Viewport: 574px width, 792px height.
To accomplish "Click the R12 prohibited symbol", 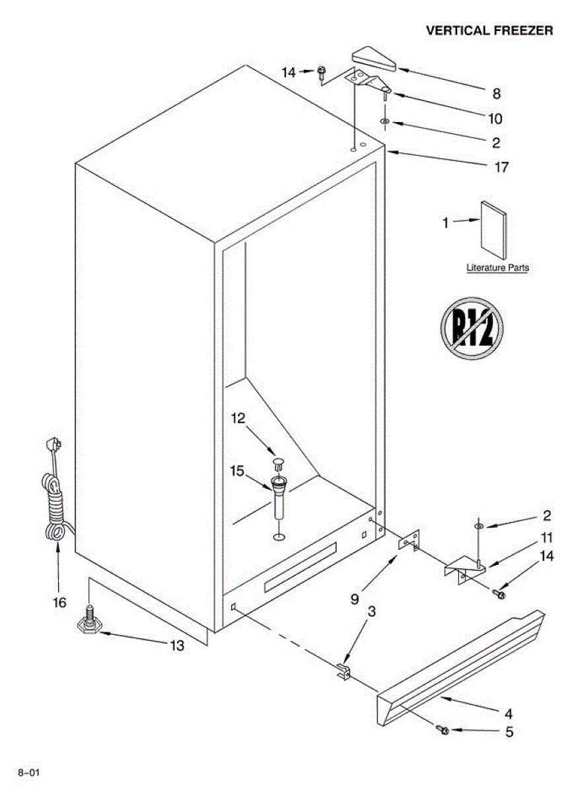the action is tap(472, 328).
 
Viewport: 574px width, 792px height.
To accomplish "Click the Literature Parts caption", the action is tap(497, 268).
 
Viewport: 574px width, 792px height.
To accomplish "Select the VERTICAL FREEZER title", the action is tap(489, 30).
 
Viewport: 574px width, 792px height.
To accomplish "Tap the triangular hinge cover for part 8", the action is tap(373, 59).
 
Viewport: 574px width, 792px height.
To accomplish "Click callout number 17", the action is tap(502, 167).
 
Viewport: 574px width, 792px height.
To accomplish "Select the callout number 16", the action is tap(59, 602).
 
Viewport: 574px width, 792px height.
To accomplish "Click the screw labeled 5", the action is tap(443, 730).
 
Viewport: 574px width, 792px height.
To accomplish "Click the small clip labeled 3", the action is tap(343, 671).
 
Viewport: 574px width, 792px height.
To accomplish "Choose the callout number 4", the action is tap(509, 713).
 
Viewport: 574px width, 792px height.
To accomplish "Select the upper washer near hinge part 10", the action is tap(384, 122).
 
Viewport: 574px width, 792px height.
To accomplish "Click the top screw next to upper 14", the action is tap(322, 72).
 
